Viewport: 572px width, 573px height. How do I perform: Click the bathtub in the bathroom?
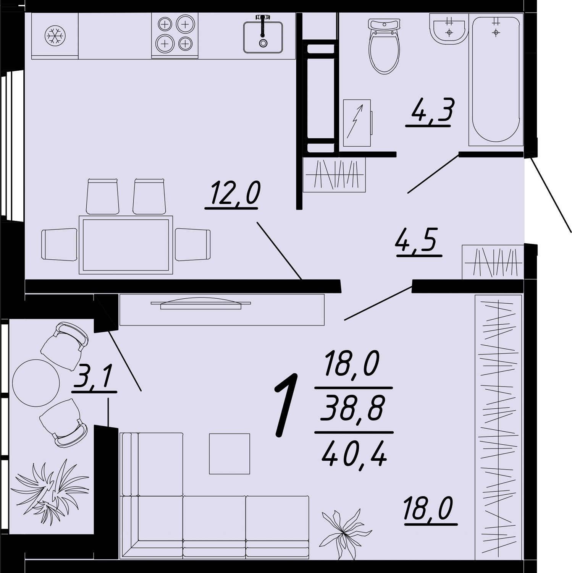click(496, 79)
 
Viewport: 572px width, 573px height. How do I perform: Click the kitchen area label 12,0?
click(233, 195)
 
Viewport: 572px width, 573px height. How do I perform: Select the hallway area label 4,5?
click(419, 242)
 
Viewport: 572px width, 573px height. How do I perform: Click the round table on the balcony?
click(36, 383)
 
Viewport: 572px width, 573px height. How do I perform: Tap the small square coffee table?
click(229, 454)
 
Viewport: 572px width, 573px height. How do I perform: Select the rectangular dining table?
click(126, 245)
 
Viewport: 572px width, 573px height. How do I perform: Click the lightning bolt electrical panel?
click(357, 123)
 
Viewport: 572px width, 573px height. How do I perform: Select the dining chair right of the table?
click(192, 245)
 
